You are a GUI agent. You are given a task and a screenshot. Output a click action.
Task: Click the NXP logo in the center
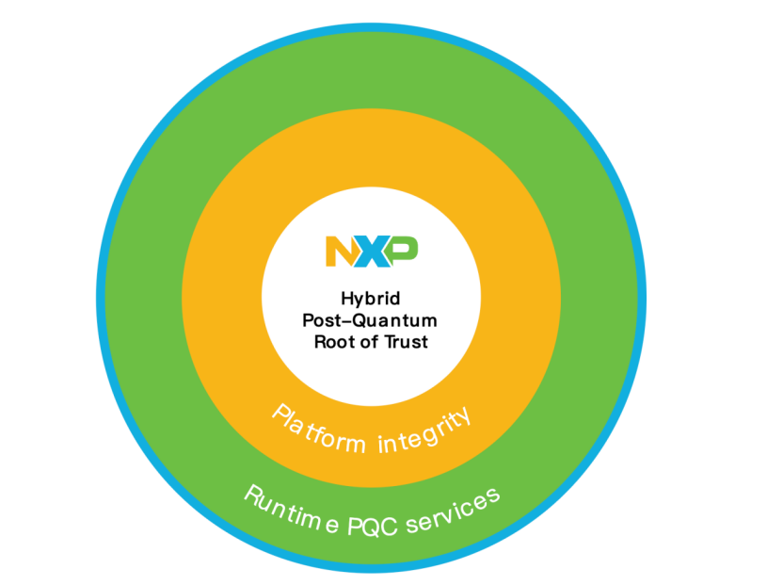pos(372,252)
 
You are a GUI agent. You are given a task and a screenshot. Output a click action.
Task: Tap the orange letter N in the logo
pos(340,252)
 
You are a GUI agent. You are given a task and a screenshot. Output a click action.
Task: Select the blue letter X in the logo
pos(373,252)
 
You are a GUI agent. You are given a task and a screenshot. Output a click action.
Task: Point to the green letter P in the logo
pos(403,252)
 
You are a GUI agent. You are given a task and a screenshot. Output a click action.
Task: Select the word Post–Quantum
pos(370,321)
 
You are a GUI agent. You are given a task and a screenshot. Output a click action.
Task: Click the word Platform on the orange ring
pos(318,431)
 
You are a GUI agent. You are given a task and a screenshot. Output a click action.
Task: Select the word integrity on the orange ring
pos(424,431)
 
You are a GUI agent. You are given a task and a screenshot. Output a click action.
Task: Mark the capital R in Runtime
pos(254,496)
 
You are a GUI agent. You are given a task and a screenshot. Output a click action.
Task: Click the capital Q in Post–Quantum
pos(361,321)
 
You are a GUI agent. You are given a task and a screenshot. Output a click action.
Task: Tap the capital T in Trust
pos(391,341)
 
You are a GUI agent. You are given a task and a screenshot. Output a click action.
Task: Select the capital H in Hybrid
pos(347,298)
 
